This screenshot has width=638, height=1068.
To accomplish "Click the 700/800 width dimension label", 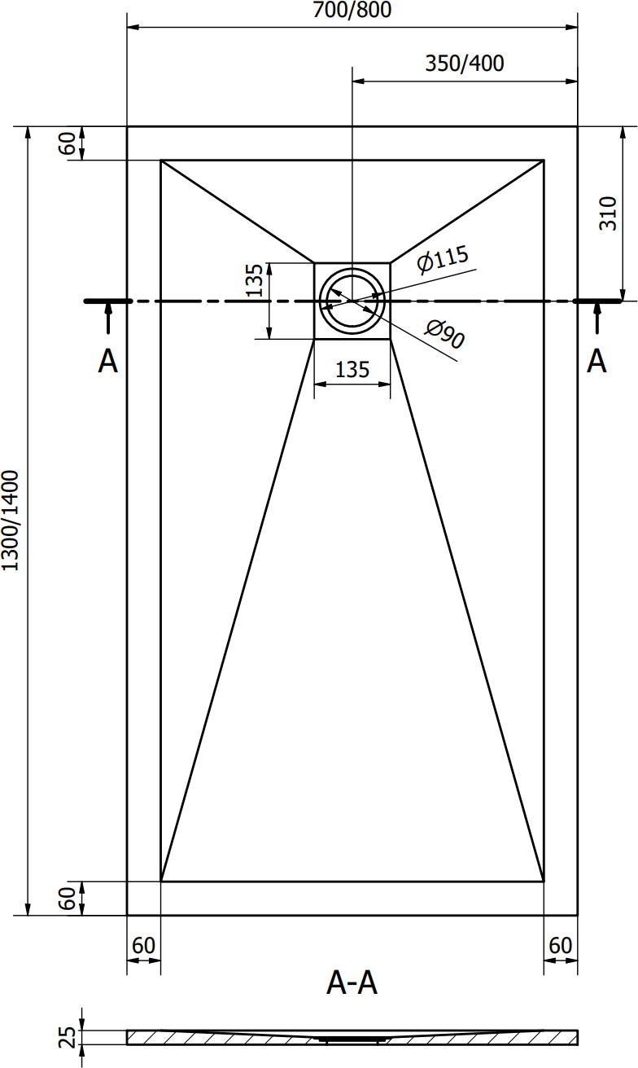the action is [x=352, y=10].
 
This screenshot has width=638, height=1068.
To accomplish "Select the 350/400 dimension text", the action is [x=464, y=64].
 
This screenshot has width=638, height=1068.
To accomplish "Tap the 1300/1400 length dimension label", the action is [x=10, y=521].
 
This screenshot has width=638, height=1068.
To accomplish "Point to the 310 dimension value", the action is [x=608, y=213].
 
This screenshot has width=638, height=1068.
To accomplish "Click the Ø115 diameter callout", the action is [x=443, y=259].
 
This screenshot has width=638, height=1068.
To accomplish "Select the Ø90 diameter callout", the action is [x=444, y=334].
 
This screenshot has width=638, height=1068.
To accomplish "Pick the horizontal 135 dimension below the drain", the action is [x=352, y=370].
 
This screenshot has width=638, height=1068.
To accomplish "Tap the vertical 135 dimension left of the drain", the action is [x=256, y=280].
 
